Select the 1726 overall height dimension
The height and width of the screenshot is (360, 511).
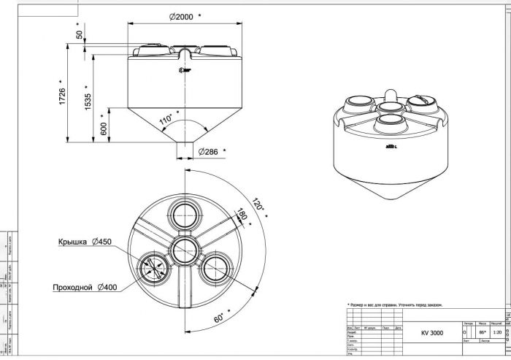tap(63, 95)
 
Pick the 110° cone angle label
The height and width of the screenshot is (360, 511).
tap(165, 118)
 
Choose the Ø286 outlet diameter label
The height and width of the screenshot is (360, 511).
tap(209, 152)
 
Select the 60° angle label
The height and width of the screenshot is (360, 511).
tap(220, 317)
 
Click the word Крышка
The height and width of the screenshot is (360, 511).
tap(73, 242)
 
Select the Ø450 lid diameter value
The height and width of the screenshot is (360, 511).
tap(102, 242)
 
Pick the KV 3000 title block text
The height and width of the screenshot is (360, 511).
tap(431, 334)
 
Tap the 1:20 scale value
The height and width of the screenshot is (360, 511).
tap(497, 332)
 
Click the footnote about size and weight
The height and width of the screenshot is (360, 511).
tap(394, 305)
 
